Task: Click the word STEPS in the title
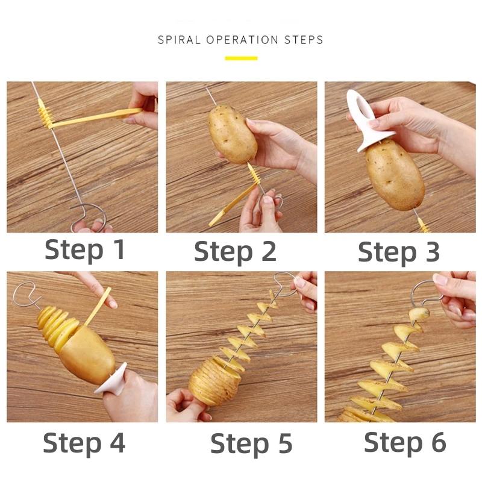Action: tap(304, 40)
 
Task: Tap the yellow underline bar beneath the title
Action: tap(241, 58)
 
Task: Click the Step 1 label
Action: tap(85, 250)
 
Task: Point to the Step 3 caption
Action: tap(399, 252)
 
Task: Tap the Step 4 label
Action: tap(84, 443)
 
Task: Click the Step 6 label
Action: tap(405, 443)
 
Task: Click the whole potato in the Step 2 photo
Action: tap(233, 133)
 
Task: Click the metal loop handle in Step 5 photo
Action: tap(285, 284)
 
